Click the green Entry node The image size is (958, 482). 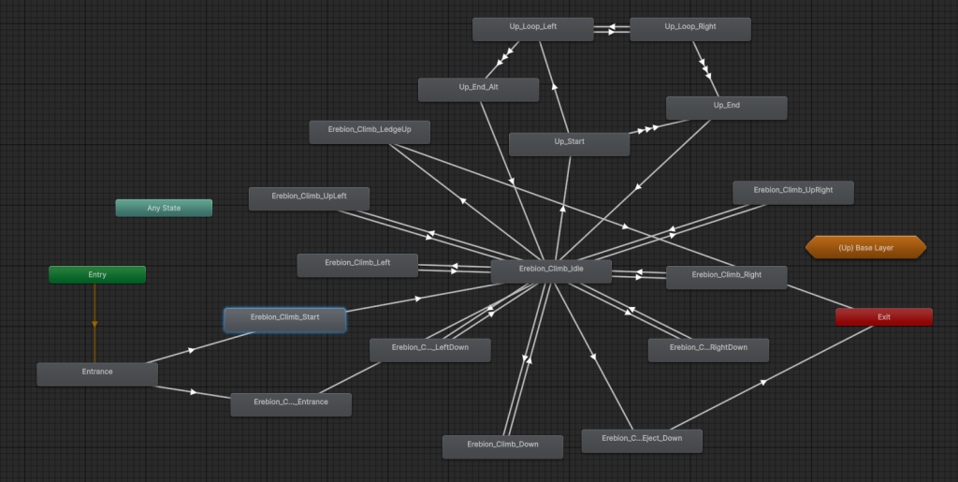point(97,275)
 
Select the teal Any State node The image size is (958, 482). point(164,208)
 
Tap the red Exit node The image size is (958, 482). point(884,317)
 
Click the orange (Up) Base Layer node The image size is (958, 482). point(865,247)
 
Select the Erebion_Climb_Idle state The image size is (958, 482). point(551,271)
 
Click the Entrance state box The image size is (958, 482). point(97,374)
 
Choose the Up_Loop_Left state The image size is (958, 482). point(532,29)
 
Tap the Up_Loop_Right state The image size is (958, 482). point(690,29)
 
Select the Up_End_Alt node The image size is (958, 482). point(478,90)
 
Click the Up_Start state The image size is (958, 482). point(570,144)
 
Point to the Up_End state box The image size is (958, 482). point(726,109)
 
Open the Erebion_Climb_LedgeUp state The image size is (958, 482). point(370,132)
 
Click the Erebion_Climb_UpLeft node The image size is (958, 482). point(309,198)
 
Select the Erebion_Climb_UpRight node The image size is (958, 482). point(793,193)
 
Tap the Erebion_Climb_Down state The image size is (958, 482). point(502,447)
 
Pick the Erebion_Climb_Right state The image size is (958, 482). point(726,277)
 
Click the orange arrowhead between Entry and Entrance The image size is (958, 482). point(94,325)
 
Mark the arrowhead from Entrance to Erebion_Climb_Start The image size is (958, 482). point(191,350)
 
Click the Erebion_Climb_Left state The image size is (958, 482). point(357,265)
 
